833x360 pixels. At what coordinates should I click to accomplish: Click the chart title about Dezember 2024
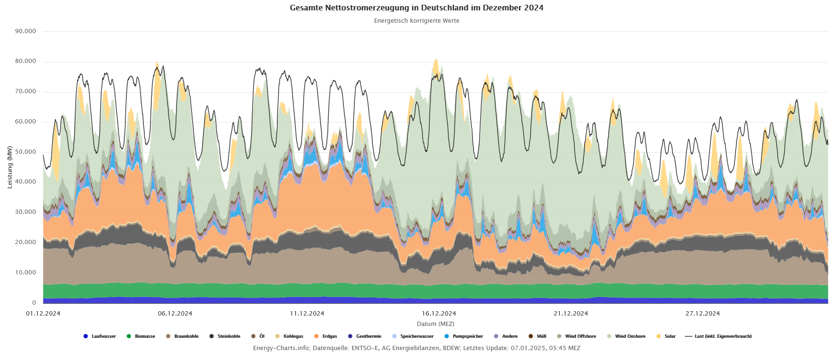coord(416,8)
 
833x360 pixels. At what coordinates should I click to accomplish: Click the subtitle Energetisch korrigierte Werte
coord(416,21)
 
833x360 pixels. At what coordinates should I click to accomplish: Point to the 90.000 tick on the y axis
coord(26,31)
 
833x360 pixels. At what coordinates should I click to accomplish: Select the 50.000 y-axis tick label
coord(26,152)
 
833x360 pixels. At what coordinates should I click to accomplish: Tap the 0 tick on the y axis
coord(34,303)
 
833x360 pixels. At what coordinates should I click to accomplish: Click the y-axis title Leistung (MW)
coord(10,167)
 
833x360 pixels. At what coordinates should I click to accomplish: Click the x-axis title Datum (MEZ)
coord(435,324)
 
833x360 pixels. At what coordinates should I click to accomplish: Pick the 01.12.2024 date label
coord(43,314)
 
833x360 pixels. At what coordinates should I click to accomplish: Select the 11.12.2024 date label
coord(307,314)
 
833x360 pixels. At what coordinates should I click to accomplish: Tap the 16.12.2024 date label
coord(439,314)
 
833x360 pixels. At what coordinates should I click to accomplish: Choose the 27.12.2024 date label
coord(702,314)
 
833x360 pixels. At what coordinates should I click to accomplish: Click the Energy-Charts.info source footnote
coord(416,348)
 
